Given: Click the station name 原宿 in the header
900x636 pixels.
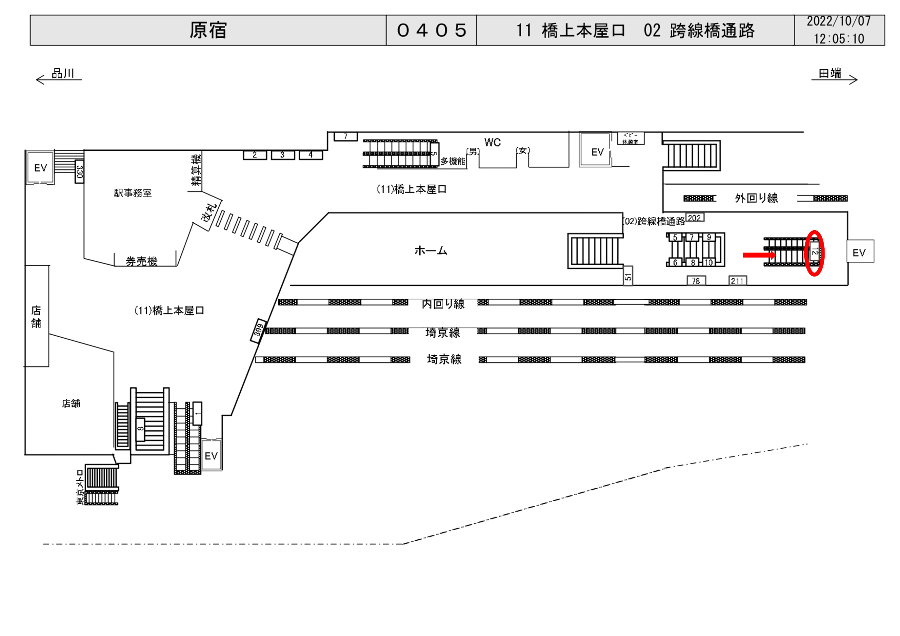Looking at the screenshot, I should coord(208,30).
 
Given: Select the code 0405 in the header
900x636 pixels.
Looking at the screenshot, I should coord(431,30).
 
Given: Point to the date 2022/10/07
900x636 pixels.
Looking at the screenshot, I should coord(838,22).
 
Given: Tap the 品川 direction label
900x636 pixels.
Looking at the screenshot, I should coord(63,73).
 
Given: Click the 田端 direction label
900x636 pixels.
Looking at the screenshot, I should coord(830,73).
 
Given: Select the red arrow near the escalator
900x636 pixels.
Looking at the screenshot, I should coord(759,255).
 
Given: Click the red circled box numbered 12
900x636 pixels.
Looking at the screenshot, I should coord(814,253).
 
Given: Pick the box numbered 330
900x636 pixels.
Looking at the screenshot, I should coord(80,172).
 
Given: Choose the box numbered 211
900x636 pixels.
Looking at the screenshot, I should coord(737,281).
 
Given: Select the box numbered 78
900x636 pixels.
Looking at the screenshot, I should coord(696,281).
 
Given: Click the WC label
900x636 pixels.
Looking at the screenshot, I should coord(492,142).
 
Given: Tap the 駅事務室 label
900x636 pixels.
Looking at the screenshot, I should coord(133,193).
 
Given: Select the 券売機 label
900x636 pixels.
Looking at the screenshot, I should coord(142,261).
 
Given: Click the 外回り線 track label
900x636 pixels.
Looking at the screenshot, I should coord(756,198).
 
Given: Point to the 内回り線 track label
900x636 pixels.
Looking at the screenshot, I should coord(443,304).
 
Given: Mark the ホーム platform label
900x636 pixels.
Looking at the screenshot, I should coord(430,251).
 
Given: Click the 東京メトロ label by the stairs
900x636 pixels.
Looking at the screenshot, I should coord(80,488).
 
